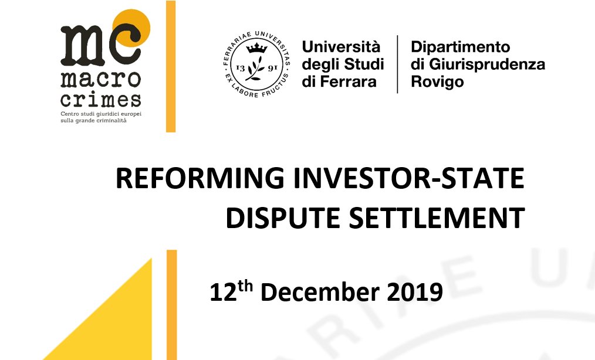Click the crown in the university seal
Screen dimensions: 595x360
pos(257,48)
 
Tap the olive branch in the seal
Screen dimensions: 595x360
pos(255,68)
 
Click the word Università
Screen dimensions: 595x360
pos(341,47)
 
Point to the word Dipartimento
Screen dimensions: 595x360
pos(460,47)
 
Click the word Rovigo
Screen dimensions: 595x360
pos(437,82)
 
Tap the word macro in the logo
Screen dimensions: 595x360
pos(100,80)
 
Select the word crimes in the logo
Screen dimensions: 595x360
pos(100,99)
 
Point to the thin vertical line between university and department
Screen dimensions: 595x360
pos(397,64)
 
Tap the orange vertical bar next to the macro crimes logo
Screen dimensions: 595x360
pos(171,66)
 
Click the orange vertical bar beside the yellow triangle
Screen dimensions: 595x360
pos(171,305)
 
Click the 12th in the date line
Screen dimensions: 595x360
pos(231,291)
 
